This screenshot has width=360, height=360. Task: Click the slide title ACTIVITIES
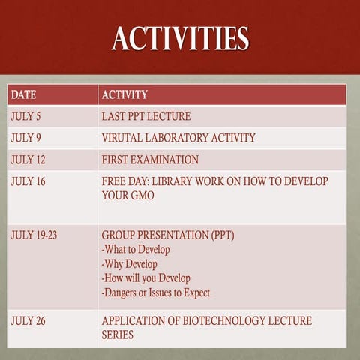click(180, 38)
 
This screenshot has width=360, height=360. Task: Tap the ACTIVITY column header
click(124, 95)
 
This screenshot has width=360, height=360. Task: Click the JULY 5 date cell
click(26, 117)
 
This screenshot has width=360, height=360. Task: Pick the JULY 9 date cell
click(26, 138)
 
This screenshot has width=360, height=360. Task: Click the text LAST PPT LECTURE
click(146, 117)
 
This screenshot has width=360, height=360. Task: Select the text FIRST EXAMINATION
click(150, 160)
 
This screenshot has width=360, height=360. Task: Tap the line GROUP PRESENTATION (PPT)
click(168, 235)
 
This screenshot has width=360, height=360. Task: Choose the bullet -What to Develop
click(136, 249)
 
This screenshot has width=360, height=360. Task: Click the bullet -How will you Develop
click(146, 277)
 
